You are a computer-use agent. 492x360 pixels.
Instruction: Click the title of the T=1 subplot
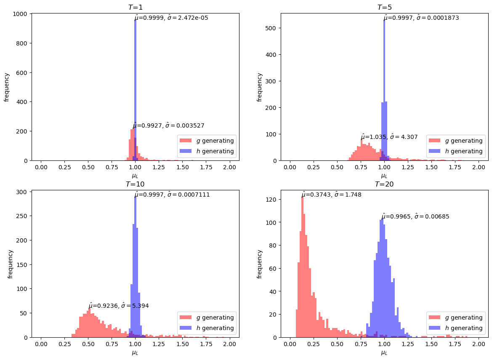point(135,7)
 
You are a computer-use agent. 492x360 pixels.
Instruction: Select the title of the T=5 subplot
point(384,7)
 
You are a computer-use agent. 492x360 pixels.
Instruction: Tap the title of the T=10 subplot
point(135,184)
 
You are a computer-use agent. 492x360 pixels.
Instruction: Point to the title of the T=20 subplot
point(384,184)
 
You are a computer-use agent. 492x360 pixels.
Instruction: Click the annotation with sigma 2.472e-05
point(171,18)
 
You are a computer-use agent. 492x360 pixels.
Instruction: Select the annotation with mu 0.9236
point(118,306)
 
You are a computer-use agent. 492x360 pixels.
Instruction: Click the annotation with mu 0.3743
point(331,195)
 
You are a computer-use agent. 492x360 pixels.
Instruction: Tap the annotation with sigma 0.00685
point(415,216)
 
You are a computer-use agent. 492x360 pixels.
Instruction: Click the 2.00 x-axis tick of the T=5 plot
point(479,167)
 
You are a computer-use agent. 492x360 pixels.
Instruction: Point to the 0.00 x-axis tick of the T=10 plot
point(41,344)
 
